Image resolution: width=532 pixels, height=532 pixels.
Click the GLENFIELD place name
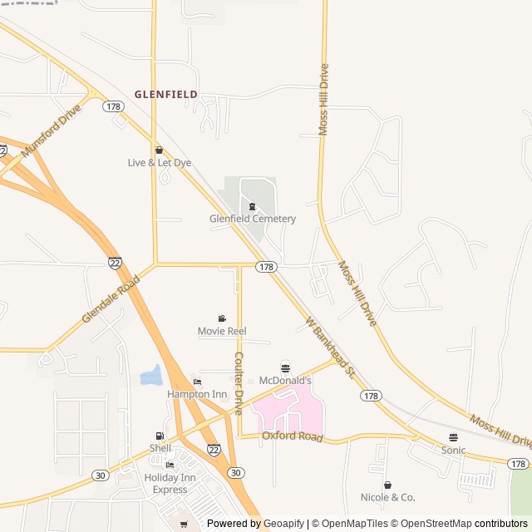(166, 95)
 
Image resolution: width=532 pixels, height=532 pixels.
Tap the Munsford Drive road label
(52, 131)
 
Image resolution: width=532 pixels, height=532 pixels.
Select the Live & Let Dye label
(159, 163)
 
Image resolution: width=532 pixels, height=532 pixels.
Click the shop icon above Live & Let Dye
(159, 150)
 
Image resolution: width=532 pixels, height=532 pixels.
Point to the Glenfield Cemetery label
(252, 219)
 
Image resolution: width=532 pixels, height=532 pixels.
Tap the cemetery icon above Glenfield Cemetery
(252, 205)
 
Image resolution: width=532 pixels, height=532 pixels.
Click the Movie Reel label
(222, 331)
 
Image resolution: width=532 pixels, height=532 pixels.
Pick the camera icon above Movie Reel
(222, 318)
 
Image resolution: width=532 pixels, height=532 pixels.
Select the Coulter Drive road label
(239, 383)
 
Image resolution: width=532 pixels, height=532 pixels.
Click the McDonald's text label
(285, 381)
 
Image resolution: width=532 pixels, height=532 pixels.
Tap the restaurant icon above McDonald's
(285, 367)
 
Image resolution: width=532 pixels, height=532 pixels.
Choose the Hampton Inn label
(197, 394)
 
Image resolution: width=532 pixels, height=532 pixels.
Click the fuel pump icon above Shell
(160, 436)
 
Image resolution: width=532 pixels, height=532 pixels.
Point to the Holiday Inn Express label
(170, 483)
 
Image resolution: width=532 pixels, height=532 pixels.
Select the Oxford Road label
(292, 436)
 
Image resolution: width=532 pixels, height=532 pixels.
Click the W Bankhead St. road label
(329, 347)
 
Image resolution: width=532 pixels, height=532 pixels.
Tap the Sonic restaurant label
(453, 451)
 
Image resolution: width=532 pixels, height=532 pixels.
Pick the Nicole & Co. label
(387, 497)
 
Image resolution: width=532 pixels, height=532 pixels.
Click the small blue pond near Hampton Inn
(151, 377)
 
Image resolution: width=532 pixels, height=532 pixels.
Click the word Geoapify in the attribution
(283, 524)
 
